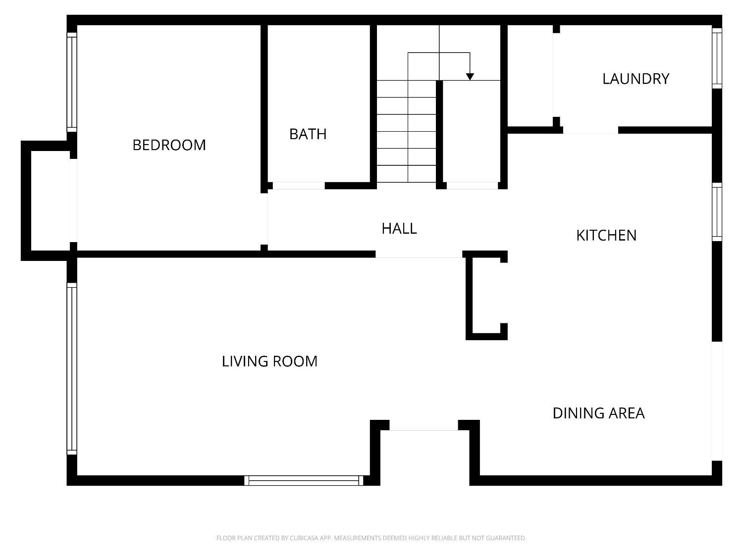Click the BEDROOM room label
pos(169,145)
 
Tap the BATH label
pos(308,134)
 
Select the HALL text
pos(399,229)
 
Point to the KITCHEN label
pos(606,235)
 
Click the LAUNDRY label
pos(636,79)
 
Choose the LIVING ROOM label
pos(269,361)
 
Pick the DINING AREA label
pos(598,413)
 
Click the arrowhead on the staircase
pos(470,77)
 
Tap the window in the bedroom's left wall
pos(72,82)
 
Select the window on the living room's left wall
pos(72,369)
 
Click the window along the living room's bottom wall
pos(304,480)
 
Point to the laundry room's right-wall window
pos(717,58)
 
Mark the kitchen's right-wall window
pos(717,212)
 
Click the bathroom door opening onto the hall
pos(299,186)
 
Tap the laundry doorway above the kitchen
pos(590,131)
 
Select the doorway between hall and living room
pos(419,254)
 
